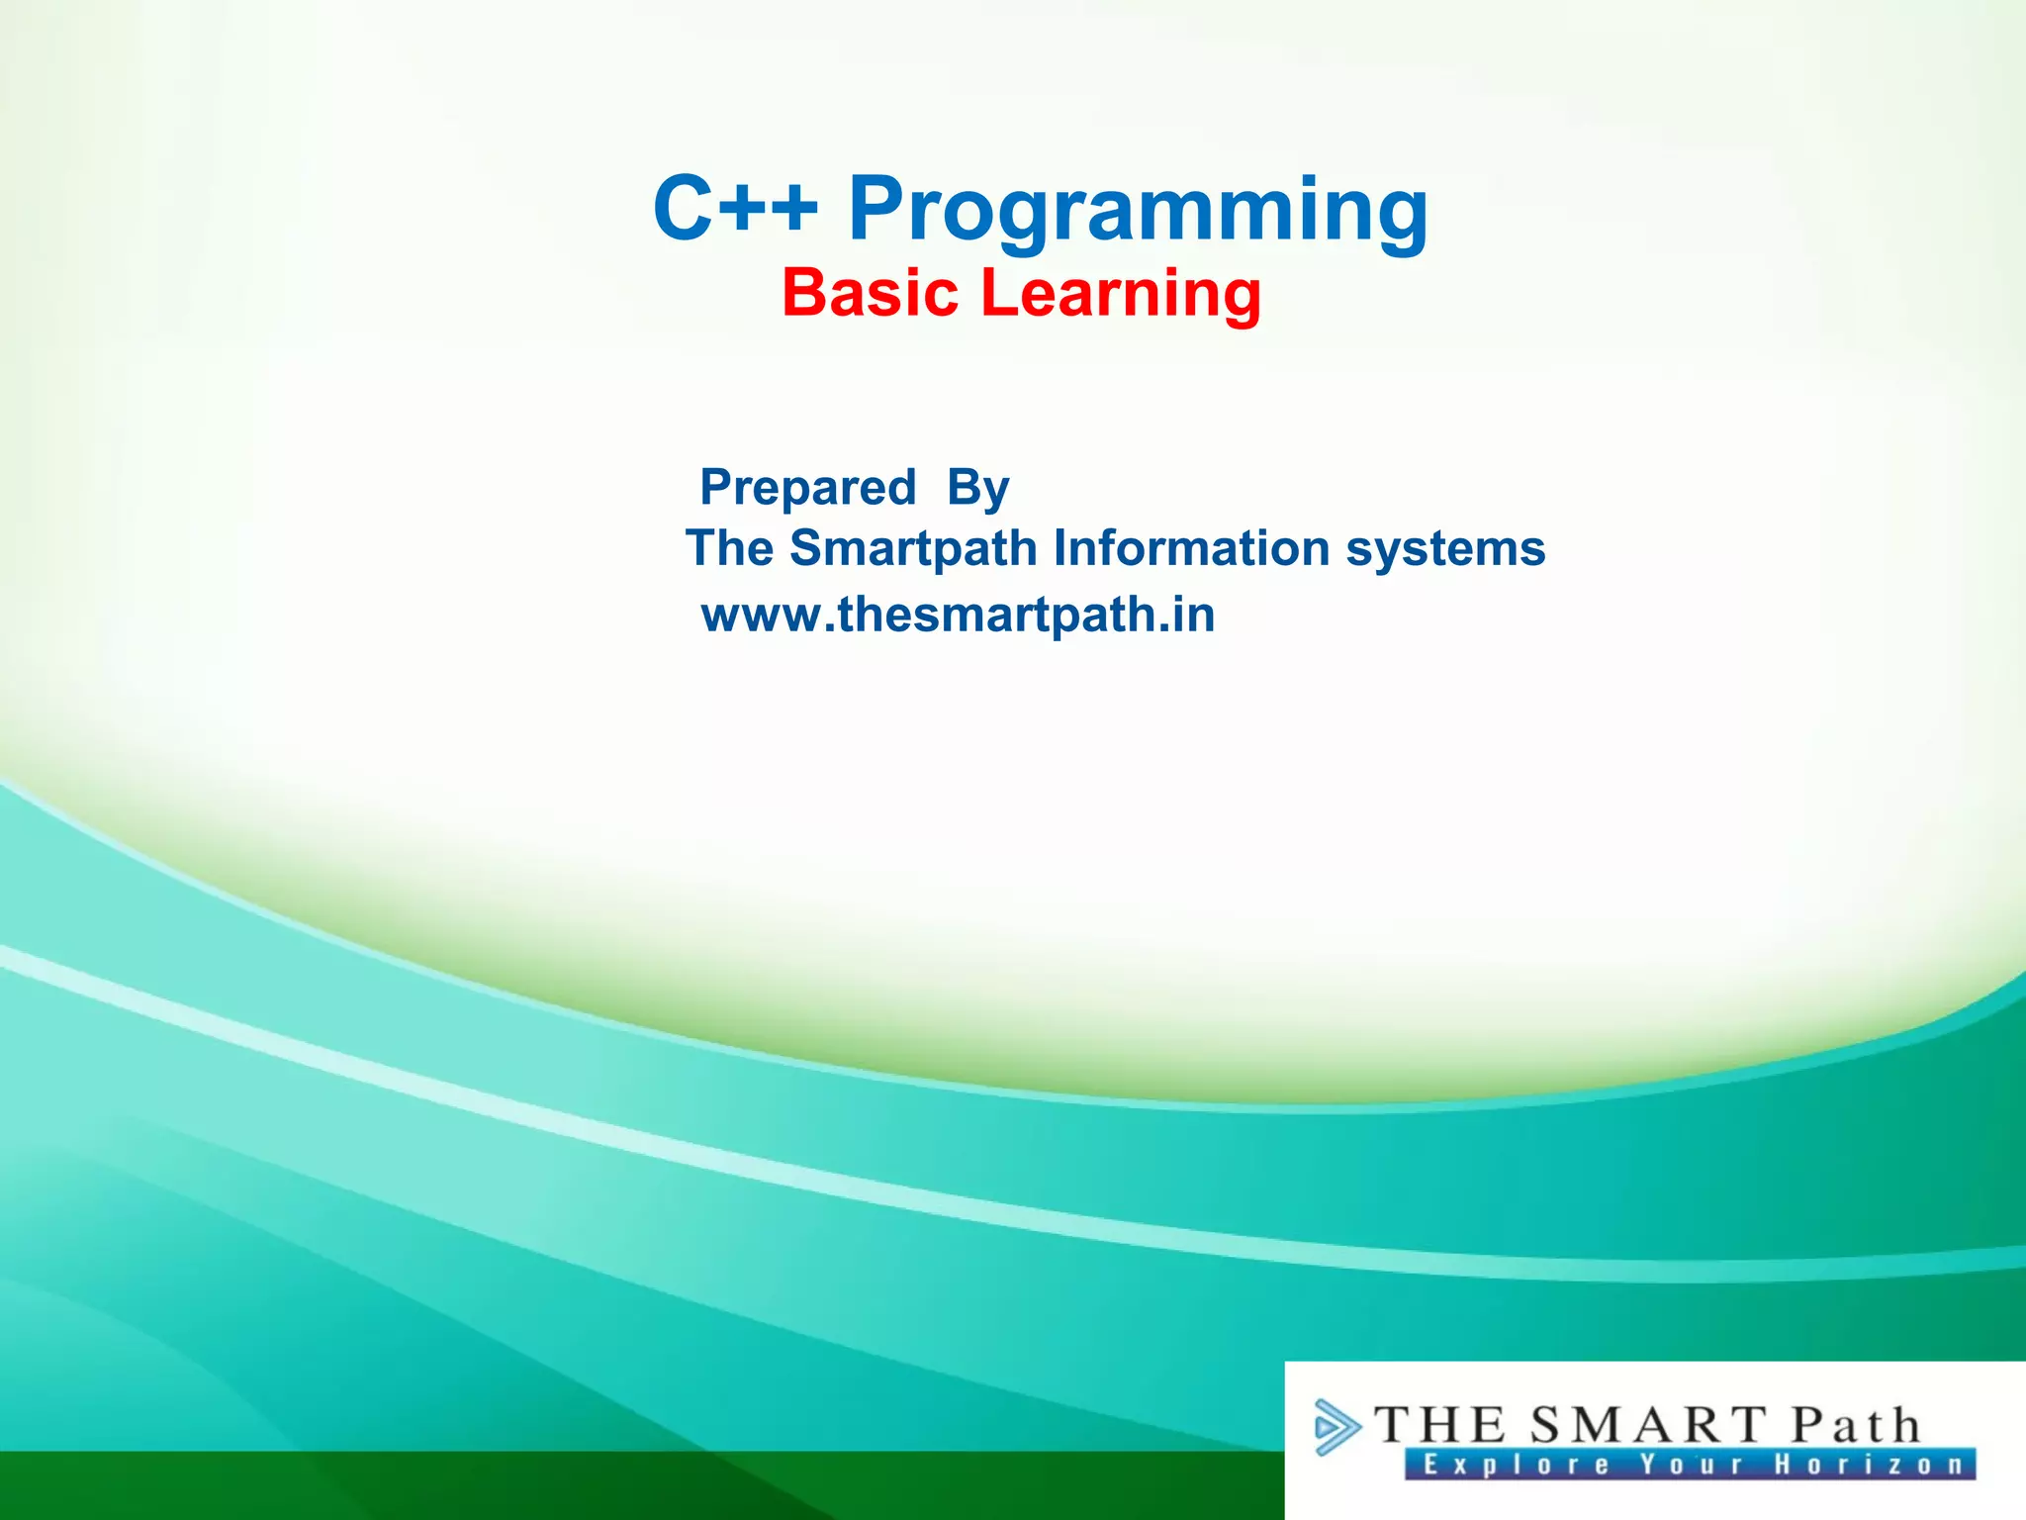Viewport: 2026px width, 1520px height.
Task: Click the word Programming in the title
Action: click(1138, 210)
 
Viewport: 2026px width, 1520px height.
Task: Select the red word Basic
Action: click(871, 293)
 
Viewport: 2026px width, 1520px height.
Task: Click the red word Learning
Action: click(1121, 295)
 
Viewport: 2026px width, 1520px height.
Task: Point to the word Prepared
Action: click(807, 487)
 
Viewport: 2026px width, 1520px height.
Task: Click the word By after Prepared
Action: click(977, 487)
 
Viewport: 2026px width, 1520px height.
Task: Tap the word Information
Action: click(1191, 548)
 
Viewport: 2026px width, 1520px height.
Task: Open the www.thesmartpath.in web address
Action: click(958, 615)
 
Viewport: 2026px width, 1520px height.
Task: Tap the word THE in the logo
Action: click(1439, 1426)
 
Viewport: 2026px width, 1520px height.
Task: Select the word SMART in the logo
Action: click(1647, 1426)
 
